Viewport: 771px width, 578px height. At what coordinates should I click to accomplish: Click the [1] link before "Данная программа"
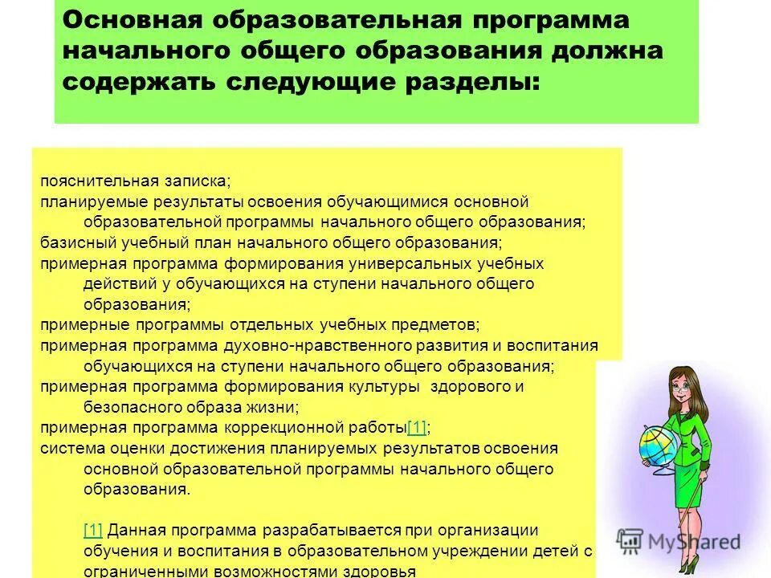(92, 531)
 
